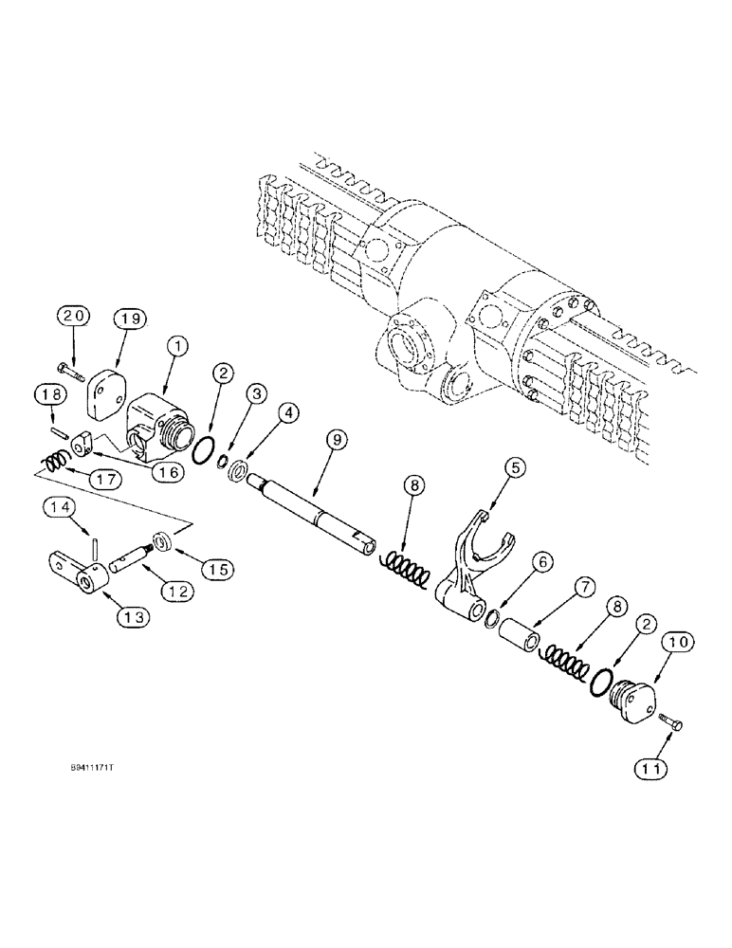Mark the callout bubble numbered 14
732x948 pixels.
(57, 510)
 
